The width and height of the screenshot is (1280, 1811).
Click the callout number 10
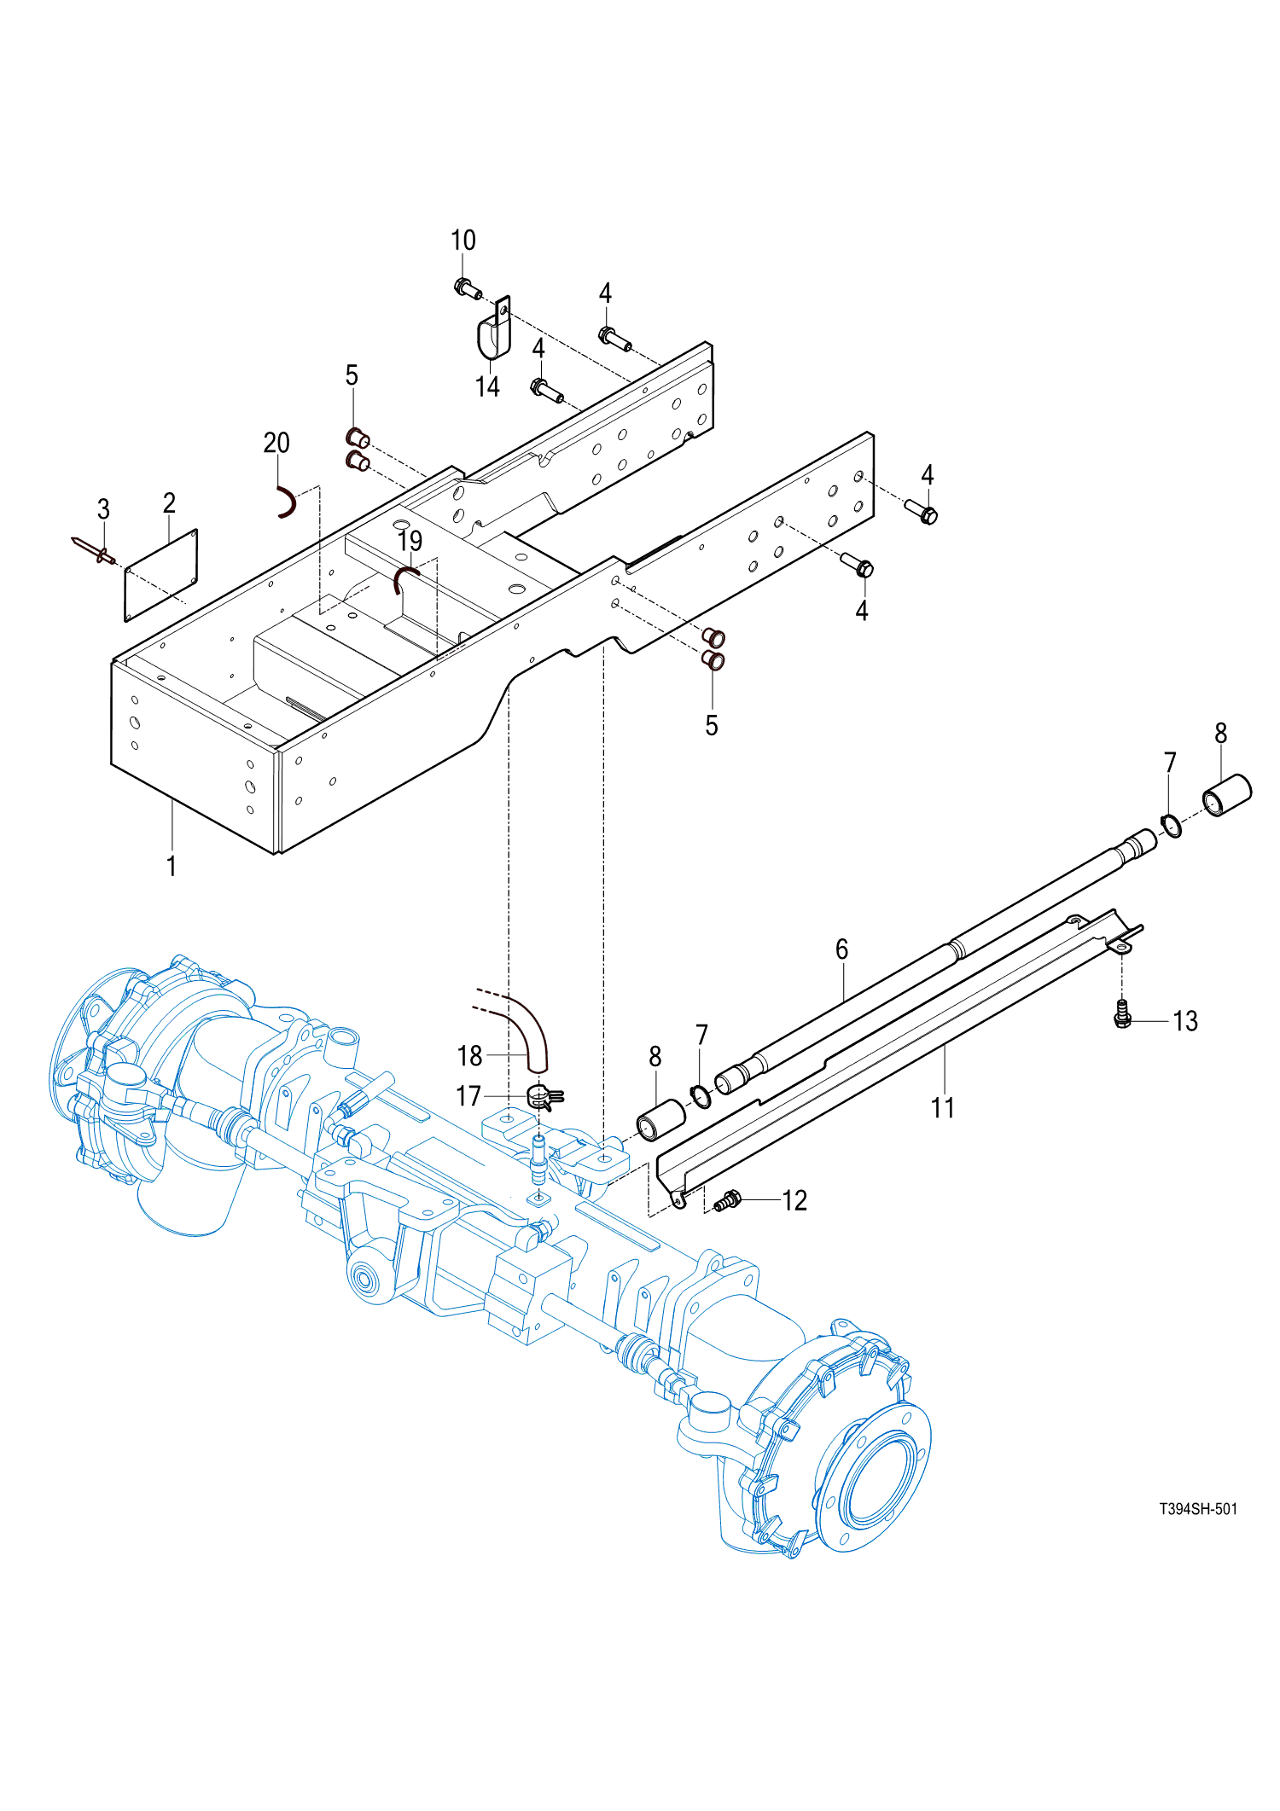tap(463, 241)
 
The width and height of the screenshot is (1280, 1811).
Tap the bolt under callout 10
tap(468, 288)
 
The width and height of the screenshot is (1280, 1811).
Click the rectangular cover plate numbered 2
tap(161, 575)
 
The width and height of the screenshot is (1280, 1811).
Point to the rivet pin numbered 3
tap(94, 550)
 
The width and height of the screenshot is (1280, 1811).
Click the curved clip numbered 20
tap(288, 502)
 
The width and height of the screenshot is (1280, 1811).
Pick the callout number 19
tap(410, 541)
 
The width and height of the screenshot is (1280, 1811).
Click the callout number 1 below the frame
tap(172, 866)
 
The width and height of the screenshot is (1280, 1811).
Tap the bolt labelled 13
tap(1123, 1013)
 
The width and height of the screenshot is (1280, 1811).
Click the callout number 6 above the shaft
tap(842, 949)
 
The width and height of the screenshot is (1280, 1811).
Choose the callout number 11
tap(942, 1107)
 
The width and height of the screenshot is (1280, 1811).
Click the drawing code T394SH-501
tap(1198, 1509)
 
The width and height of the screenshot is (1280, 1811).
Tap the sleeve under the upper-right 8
tap(1227, 794)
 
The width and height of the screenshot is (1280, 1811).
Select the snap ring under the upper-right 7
tap(1172, 826)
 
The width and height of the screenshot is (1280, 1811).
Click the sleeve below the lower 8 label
tap(661, 1120)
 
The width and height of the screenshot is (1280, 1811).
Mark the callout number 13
tap(1185, 1021)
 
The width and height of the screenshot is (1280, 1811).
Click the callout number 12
tap(794, 1201)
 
